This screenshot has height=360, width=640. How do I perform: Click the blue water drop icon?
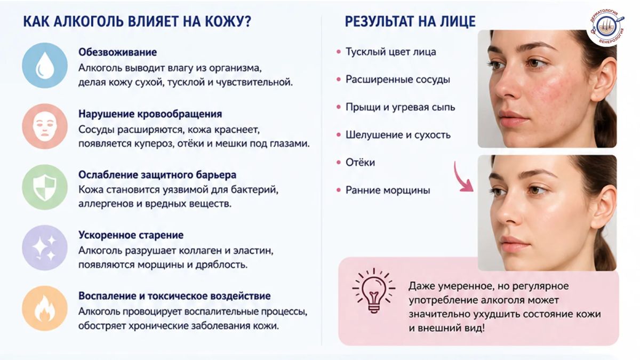(45, 66)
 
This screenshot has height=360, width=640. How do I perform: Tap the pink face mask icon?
(45, 126)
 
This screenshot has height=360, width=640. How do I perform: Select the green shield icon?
(45, 187)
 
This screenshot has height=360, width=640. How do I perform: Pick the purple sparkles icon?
(45, 247)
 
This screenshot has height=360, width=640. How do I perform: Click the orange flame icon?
(45, 309)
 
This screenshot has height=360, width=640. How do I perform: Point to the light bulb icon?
(374, 291)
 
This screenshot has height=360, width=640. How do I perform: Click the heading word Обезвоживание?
(118, 52)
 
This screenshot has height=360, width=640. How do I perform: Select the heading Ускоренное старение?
(131, 235)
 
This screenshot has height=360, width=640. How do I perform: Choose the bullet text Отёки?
(361, 162)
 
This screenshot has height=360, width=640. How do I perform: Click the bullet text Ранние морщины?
(388, 190)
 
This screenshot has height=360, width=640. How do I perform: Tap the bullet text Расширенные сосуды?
(398, 79)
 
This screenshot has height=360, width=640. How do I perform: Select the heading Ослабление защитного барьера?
(157, 174)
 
